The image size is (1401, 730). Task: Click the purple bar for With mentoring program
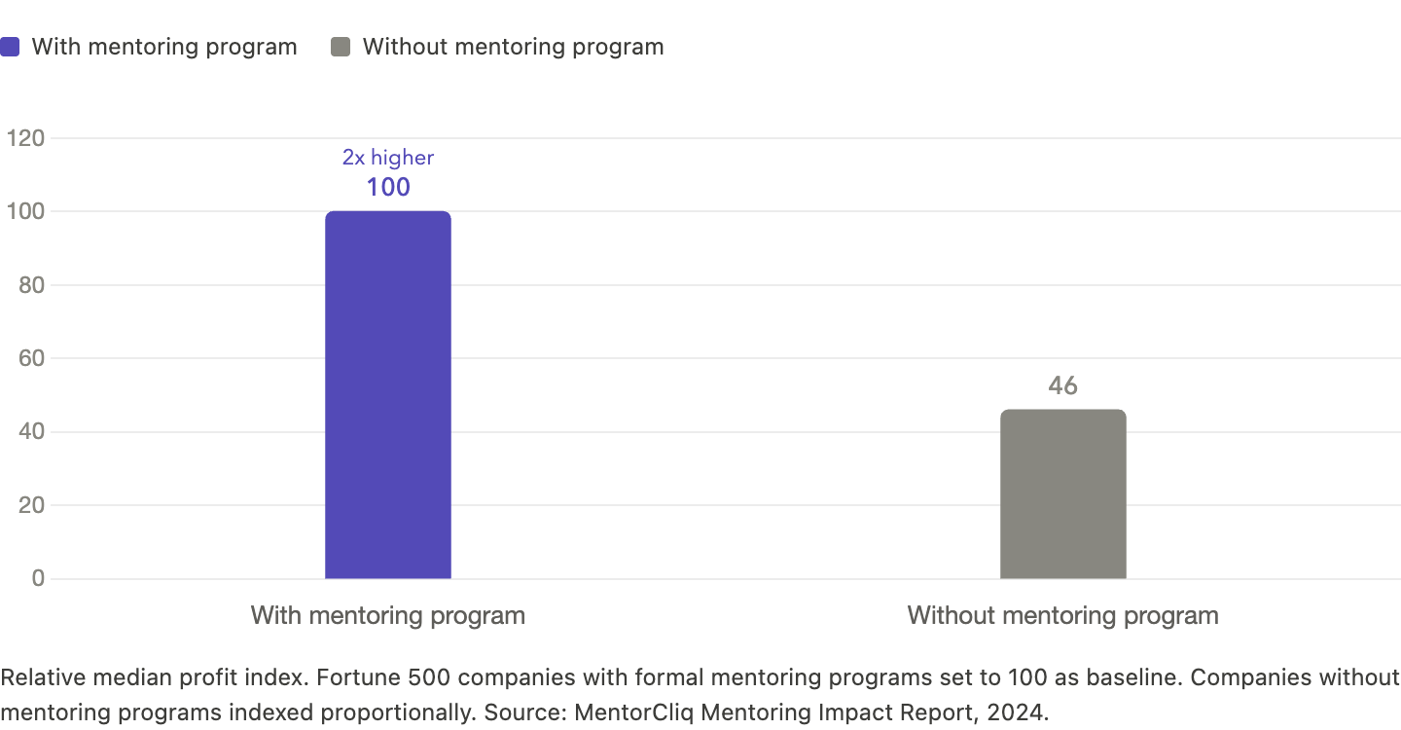(387, 395)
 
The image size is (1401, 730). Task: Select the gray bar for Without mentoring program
(1062, 494)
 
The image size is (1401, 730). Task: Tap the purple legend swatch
(10, 47)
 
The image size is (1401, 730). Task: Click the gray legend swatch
(340, 47)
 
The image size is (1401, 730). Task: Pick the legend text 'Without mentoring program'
(513, 47)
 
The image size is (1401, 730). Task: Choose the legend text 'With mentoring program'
(164, 47)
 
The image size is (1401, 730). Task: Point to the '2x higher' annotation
(387, 158)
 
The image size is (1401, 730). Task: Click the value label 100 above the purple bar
(387, 187)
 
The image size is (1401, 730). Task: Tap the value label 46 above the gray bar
(1062, 386)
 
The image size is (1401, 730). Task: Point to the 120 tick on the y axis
(25, 139)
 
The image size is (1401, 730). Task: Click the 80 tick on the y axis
(31, 285)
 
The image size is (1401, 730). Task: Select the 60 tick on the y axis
(31, 359)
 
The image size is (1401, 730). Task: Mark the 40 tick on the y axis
(31, 432)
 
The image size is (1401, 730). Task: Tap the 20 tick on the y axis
(31, 505)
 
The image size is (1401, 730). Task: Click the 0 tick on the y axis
(38, 579)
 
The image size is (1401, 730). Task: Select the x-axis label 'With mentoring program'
(387, 616)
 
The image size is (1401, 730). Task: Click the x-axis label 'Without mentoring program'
(1062, 616)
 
